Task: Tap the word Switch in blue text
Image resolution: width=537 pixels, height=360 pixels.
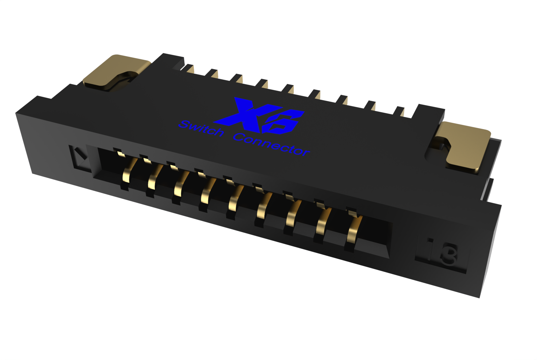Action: tap(201, 129)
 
